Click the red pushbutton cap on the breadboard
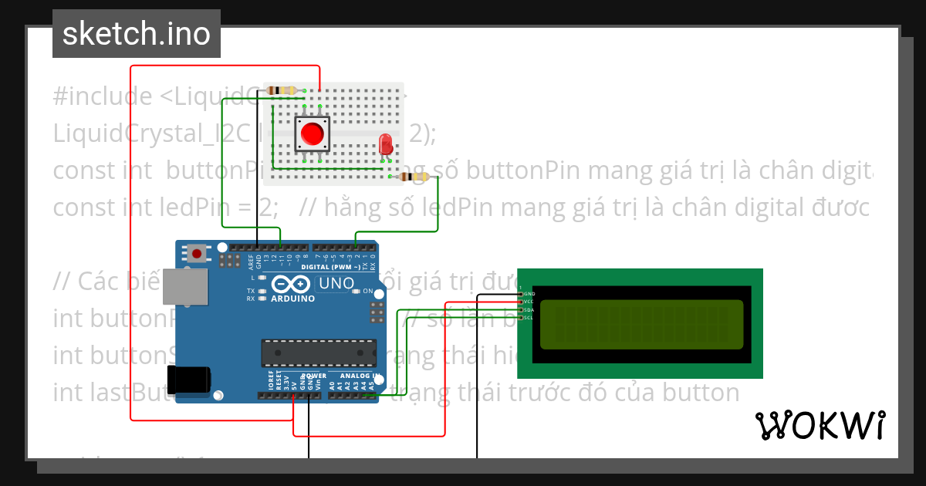[313, 133]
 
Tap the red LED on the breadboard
[386, 143]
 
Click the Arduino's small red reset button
[198, 252]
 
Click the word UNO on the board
[336, 283]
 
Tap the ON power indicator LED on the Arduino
[357, 291]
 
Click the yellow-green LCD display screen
[641, 324]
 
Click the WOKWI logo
[820, 425]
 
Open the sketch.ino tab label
[136, 34]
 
